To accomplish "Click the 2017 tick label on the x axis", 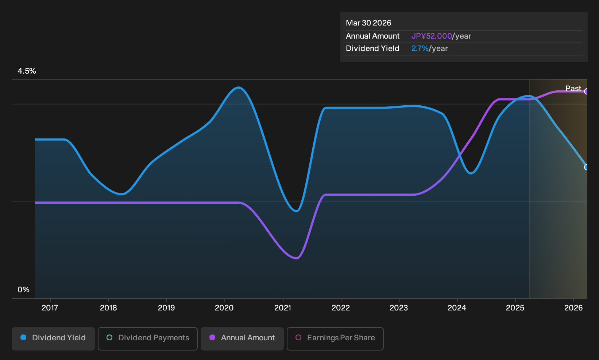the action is [x=50, y=308].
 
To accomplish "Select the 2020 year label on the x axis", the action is [x=224, y=308].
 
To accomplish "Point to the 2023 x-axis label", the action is [x=399, y=308].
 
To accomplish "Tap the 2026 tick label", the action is [x=573, y=308].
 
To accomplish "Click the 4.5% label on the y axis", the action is [x=27, y=71].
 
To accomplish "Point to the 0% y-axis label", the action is [x=24, y=290].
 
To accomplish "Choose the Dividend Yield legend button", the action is [x=53, y=339].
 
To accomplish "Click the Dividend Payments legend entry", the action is [x=148, y=339].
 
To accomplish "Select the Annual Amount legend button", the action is [x=242, y=339].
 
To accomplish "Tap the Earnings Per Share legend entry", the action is [x=335, y=339].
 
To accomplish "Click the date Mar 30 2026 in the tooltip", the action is [x=368, y=23].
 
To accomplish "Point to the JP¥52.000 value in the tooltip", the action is [x=432, y=36].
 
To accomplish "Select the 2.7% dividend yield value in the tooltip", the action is [x=420, y=48].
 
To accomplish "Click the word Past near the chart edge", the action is [x=573, y=89].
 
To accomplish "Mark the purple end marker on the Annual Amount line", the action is [x=586, y=91].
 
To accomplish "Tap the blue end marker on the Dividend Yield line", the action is [x=586, y=167].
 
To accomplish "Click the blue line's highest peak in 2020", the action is [x=238, y=87].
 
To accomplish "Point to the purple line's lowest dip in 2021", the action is [x=297, y=258].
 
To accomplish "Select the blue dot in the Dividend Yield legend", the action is [x=24, y=337].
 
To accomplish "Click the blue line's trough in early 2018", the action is [x=122, y=194].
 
